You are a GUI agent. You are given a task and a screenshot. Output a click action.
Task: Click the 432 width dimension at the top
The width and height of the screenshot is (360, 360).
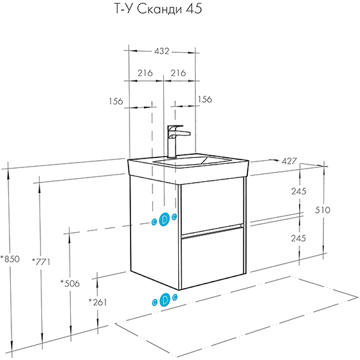(162, 51)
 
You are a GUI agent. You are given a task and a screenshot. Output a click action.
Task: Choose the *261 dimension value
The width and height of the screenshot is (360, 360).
(98, 302)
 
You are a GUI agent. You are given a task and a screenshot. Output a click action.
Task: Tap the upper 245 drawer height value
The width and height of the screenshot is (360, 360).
(298, 191)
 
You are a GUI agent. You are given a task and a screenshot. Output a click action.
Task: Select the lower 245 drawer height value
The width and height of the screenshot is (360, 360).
(298, 238)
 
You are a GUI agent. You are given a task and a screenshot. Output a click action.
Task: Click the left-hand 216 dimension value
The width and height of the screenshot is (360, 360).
(145, 73)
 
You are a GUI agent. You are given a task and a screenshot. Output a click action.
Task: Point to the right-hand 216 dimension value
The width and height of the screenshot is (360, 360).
(179, 73)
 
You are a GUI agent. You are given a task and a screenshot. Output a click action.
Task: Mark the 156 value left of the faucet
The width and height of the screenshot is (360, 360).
(116, 101)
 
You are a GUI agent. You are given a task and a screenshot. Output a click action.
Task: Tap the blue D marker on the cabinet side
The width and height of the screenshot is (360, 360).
(164, 219)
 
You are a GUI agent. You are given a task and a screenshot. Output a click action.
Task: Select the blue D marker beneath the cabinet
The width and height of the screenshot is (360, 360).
(164, 299)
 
